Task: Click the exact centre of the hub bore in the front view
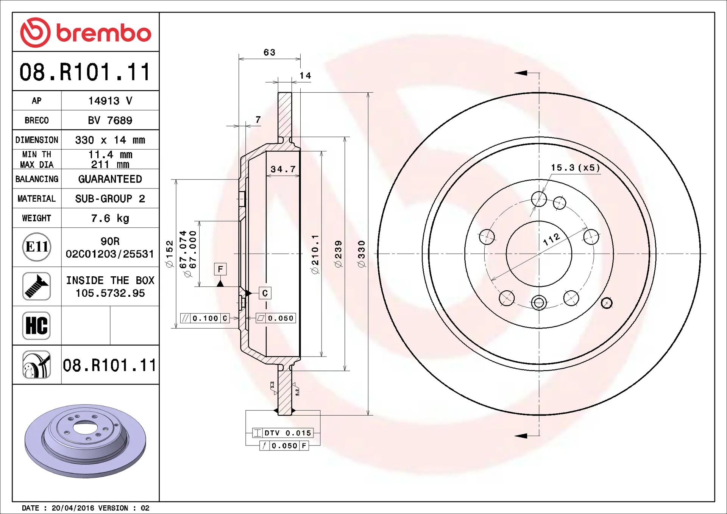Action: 539,254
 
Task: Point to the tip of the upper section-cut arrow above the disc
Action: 515,73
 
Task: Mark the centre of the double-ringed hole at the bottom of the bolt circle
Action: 539,302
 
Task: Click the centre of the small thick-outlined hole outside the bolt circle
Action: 607,303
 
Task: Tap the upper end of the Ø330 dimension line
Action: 368,92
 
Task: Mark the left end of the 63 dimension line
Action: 239,59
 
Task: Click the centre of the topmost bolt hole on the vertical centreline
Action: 539,199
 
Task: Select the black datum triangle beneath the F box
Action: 220,283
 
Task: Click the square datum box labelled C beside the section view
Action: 265,293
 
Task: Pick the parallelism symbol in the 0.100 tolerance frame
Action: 186,318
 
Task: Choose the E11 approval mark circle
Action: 36,247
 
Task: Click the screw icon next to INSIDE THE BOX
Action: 36,286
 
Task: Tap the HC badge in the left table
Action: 36,326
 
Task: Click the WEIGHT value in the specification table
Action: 110,218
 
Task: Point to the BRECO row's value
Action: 110,120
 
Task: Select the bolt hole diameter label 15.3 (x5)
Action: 576,167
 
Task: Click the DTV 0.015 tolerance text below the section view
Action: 288,433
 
